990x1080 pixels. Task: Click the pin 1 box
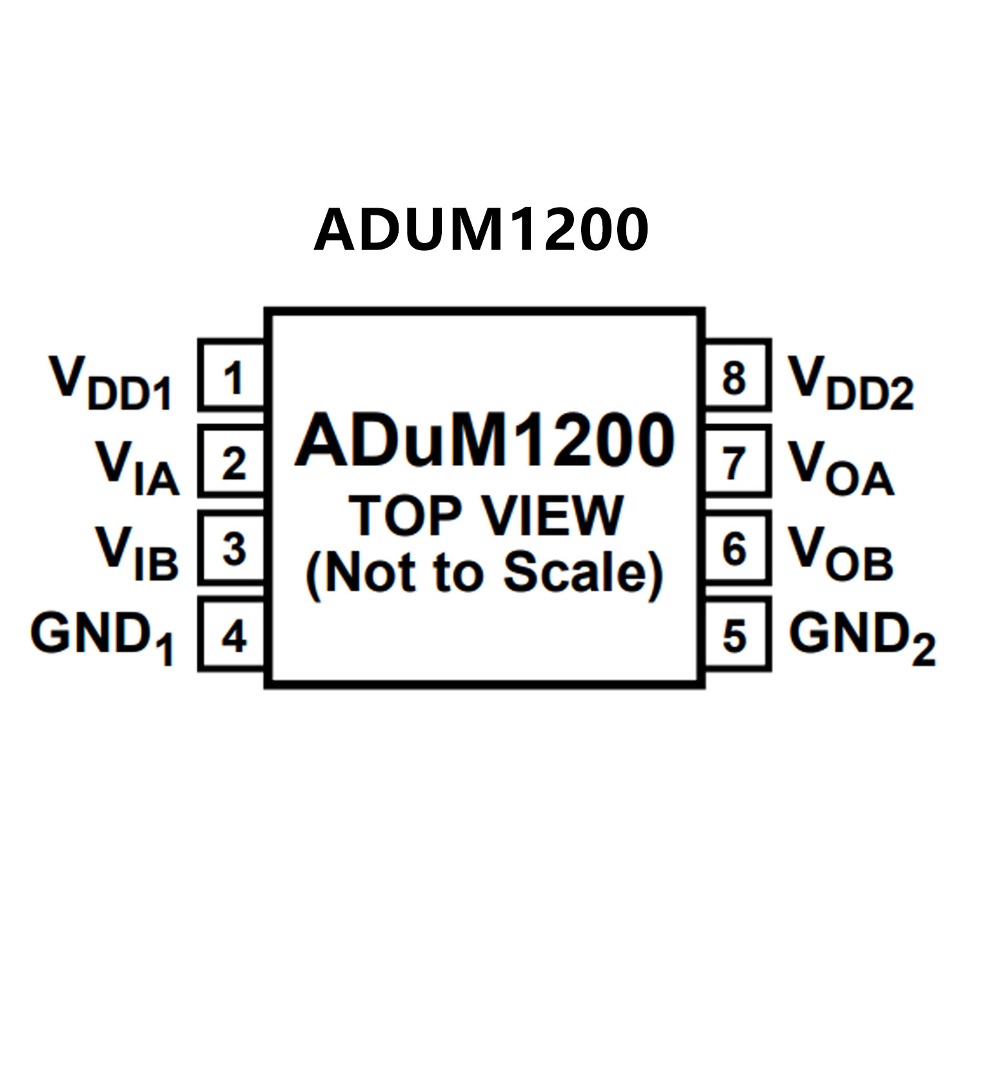click(x=232, y=376)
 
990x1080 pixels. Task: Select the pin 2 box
click(x=232, y=462)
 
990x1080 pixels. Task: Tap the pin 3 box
click(x=232, y=549)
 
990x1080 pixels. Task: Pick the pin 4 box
click(x=232, y=635)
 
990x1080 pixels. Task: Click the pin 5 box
click(x=735, y=635)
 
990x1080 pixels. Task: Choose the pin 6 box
click(x=735, y=549)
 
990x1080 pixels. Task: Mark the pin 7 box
click(x=735, y=462)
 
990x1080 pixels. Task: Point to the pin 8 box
click(x=735, y=376)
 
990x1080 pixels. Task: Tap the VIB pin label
click(x=137, y=554)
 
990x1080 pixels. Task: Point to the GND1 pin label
click(x=102, y=638)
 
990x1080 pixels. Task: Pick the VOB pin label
click(x=840, y=554)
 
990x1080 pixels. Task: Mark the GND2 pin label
click(x=862, y=638)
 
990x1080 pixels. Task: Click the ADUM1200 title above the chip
click(x=481, y=230)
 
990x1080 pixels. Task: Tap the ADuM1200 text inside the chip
click(x=485, y=441)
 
